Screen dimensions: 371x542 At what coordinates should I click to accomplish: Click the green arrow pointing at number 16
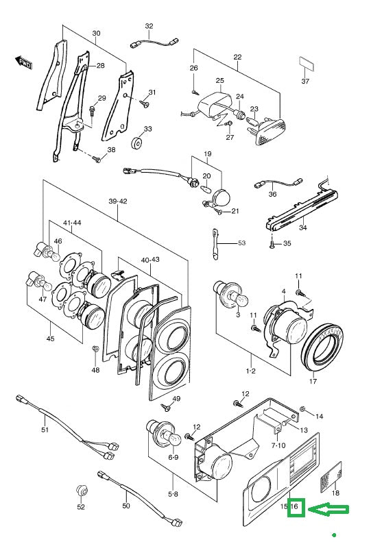point(328,509)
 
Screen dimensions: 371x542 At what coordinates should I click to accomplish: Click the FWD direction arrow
point(23,62)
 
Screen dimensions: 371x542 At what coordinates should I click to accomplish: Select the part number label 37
point(305,82)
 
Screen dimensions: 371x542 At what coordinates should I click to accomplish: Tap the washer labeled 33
point(139,143)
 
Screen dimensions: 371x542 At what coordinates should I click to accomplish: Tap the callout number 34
point(303,227)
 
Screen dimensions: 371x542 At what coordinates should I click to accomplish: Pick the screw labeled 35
point(272,245)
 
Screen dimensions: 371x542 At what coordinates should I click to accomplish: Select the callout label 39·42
point(118,201)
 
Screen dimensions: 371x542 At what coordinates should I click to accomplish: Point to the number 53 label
point(241,243)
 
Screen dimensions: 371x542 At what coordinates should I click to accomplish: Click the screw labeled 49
point(166,408)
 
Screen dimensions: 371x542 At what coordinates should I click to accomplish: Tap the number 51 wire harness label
point(45,430)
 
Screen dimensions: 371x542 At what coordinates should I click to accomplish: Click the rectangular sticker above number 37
point(307,64)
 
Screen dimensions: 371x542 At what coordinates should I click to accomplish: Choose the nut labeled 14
point(302,410)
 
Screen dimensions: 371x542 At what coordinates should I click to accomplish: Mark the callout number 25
point(219,81)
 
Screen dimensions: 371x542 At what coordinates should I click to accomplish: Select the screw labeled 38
point(96,160)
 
